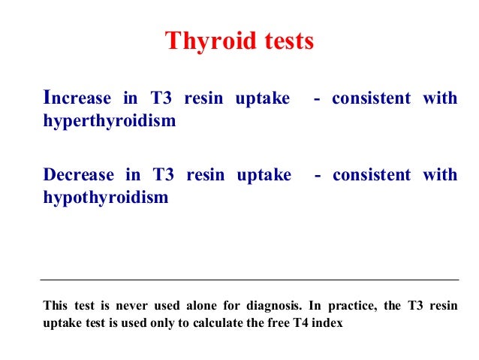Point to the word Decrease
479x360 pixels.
click(x=79, y=175)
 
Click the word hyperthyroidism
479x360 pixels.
click(x=109, y=121)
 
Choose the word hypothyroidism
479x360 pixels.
click(x=106, y=198)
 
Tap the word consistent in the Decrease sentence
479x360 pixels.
click(x=372, y=175)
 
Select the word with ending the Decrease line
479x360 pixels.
click(x=440, y=175)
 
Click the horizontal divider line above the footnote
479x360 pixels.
click(x=249, y=280)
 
